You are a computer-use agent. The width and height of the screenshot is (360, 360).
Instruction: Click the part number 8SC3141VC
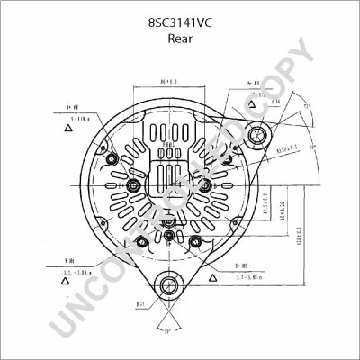pos(179,19)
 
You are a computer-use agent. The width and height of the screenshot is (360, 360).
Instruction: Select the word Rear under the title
pos(179,39)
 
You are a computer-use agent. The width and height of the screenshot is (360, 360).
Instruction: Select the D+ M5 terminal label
pos(242,266)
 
